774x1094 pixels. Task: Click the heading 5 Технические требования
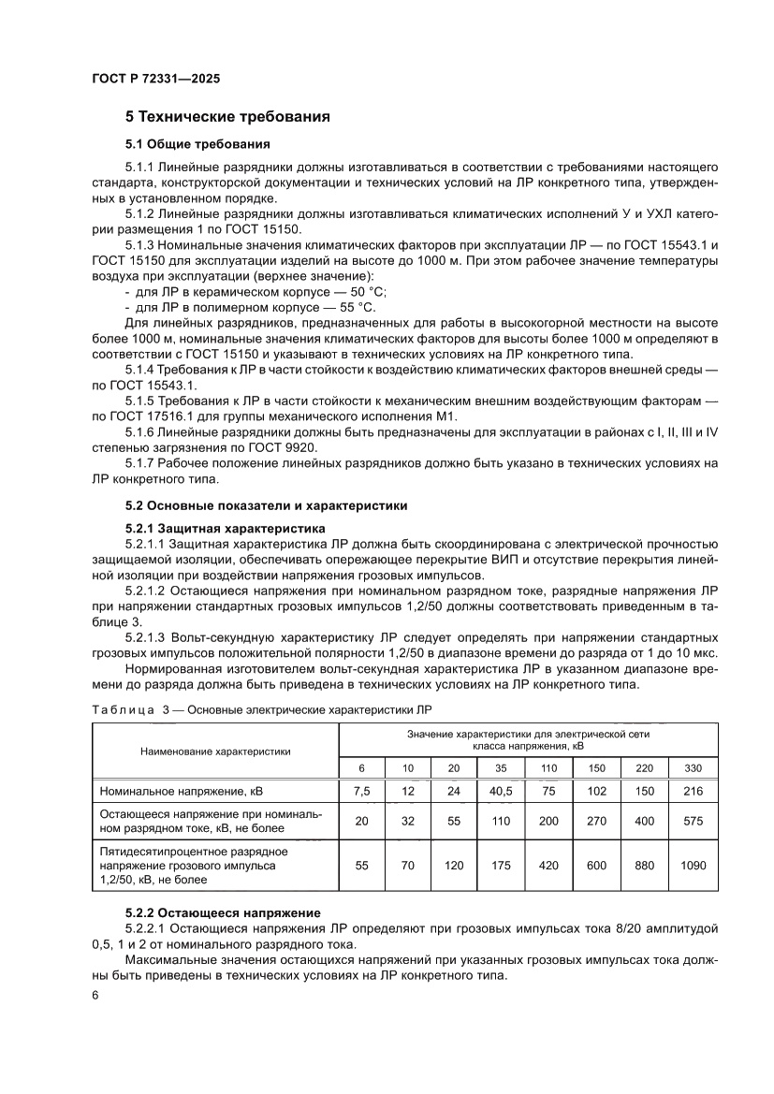[228, 118]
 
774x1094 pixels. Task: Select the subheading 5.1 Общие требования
[197, 144]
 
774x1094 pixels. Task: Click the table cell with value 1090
[693, 866]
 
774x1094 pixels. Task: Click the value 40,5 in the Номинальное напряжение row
[501, 792]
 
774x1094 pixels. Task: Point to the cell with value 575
[693, 821]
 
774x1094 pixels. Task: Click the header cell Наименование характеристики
[215, 751]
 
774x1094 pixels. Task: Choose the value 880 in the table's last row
[645, 866]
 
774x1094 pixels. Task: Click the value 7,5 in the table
[361, 792]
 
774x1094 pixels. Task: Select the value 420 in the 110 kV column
[549, 866]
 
